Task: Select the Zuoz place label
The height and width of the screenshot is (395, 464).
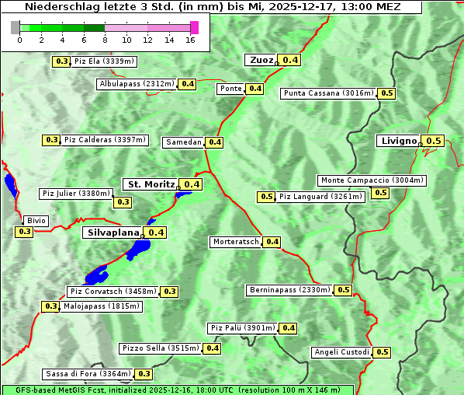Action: [261, 60]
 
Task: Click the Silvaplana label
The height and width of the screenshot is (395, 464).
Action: [113, 232]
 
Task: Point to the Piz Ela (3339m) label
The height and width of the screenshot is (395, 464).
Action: [104, 61]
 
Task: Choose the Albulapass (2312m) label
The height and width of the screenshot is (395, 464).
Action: [137, 84]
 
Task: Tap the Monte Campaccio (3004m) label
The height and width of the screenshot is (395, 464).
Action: [372, 180]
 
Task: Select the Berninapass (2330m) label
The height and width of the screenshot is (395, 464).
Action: [289, 290]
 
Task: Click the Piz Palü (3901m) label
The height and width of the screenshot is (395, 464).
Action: [241, 328]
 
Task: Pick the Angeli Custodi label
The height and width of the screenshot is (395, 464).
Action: [341, 352]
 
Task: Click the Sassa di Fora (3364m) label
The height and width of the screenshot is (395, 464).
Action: [88, 374]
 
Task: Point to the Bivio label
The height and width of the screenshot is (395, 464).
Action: [36, 221]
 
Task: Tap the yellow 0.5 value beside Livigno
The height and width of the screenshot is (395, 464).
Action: [434, 141]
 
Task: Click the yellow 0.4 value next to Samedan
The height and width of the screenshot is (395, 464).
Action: [215, 142]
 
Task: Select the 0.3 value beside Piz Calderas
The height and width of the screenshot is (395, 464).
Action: [51, 140]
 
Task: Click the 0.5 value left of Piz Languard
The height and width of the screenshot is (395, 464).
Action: [266, 197]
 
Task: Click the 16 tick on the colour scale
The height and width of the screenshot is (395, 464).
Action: [190, 40]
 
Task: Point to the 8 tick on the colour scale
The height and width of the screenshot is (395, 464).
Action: [104, 40]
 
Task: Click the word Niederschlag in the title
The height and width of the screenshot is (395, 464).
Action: [54, 6]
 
